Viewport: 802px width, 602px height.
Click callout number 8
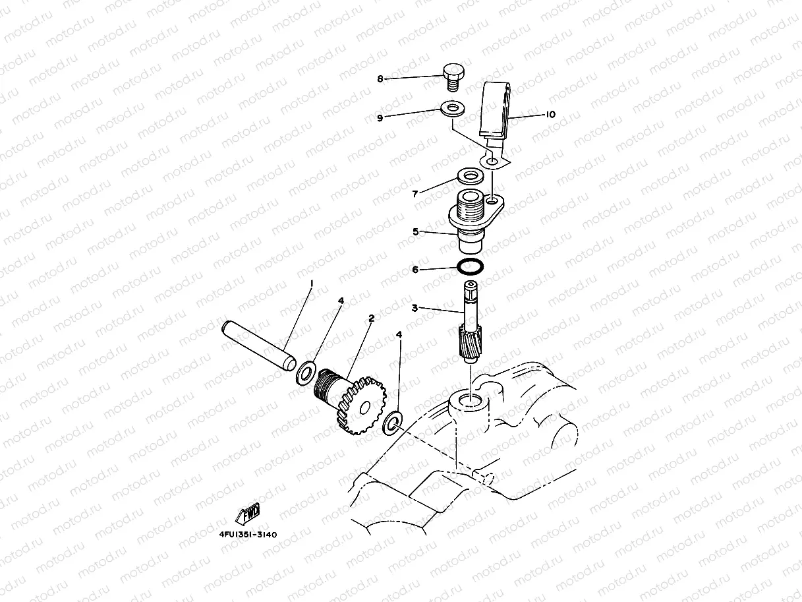(380, 79)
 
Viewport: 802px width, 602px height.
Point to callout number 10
(551, 114)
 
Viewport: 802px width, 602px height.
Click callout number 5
(416, 232)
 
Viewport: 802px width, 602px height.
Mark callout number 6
(415, 270)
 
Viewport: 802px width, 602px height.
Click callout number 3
(415, 308)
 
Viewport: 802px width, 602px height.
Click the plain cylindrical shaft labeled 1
(259, 346)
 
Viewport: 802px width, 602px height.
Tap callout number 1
(312, 284)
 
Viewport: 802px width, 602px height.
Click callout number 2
(372, 318)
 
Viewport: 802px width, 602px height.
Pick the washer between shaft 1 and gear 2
(305, 373)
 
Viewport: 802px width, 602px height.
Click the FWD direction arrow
(248, 513)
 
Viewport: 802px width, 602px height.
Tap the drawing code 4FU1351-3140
(248, 534)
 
